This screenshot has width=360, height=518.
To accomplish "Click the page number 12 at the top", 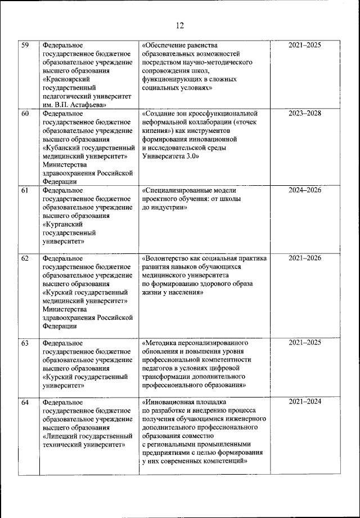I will pos(179,25).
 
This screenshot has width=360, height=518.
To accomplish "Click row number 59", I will pos(25,45).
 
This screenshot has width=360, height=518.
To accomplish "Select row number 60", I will pos(25,114).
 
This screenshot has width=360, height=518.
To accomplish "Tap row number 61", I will pos(25,190).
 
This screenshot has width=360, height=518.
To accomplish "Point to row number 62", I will pos(25,258).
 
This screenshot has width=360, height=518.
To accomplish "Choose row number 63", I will pos(25,342).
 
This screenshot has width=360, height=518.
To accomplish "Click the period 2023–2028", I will pos(305,114).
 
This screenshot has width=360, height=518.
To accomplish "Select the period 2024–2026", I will pos(305,190).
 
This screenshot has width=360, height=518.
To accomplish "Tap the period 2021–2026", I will pos(305,258).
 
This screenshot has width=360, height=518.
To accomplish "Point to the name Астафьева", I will pos(85,105).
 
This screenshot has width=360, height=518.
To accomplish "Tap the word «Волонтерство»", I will pos(168,258).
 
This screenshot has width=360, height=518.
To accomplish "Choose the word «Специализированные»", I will pos(177,190).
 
